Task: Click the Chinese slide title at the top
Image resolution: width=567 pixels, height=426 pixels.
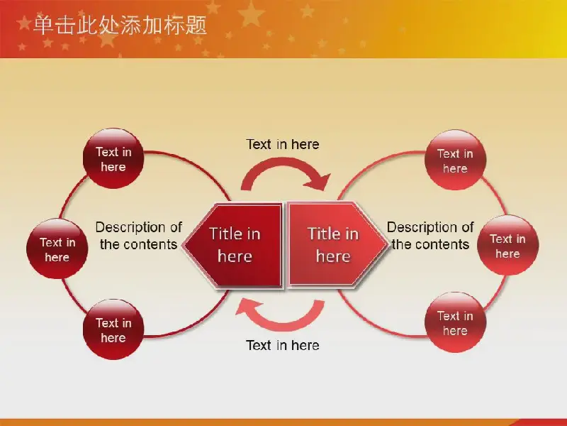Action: tap(120, 26)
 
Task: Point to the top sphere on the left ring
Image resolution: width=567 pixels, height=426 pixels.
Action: tap(113, 158)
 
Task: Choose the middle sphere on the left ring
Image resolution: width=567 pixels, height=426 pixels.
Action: tap(57, 249)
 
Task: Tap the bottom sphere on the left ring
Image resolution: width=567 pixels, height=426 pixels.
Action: tap(113, 329)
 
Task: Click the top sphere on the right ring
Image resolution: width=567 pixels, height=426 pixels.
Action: tap(455, 160)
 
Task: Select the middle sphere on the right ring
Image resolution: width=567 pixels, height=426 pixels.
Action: tap(507, 245)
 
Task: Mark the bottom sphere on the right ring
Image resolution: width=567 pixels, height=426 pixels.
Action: tap(455, 322)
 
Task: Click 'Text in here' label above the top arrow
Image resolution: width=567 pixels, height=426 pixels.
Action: tap(283, 144)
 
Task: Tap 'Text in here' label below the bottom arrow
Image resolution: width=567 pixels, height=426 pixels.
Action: tap(283, 345)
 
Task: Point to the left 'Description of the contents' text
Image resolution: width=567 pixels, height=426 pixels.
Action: tap(138, 236)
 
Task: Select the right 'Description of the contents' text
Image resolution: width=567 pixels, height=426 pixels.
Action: tap(430, 236)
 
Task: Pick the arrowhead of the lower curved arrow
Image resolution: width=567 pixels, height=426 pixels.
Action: tap(247, 308)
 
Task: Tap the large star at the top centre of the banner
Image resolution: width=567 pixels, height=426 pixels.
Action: tap(251, 13)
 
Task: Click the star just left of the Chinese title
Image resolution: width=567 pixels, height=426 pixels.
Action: tap(24, 23)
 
